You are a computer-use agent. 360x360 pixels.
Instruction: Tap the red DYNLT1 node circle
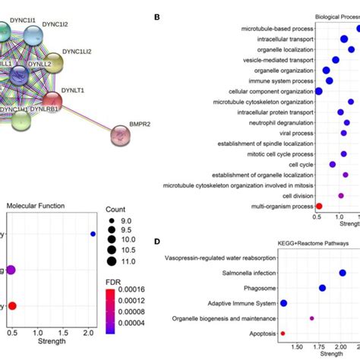coord(52,99)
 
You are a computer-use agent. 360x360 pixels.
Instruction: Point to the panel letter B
coord(156,16)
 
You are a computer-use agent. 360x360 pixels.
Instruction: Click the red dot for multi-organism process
coord(319,206)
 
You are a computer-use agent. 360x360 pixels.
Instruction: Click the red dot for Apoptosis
coord(283,333)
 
